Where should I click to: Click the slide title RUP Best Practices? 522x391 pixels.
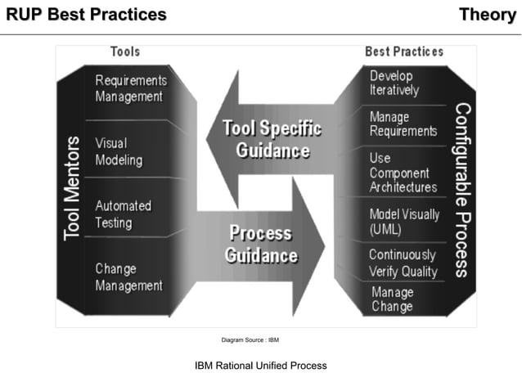click(86, 15)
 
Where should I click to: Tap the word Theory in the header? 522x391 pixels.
click(487, 15)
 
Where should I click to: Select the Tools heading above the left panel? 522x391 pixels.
click(125, 52)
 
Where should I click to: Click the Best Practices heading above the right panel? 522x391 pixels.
click(404, 52)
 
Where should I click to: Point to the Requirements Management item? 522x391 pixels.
click(131, 88)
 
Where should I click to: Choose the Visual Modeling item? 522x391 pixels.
click(119, 151)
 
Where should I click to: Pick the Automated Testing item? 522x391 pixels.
click(124, 214)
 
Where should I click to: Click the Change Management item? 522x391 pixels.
click(128, 277)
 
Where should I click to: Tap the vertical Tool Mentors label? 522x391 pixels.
click(73, 188)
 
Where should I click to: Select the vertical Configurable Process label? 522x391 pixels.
click(462, 190)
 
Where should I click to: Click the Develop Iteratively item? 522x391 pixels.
click(394, 83)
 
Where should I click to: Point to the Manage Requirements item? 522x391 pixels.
click(403, 124)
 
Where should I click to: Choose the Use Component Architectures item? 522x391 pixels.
click(403, 173)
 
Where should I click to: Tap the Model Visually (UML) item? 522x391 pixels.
click(404, 222)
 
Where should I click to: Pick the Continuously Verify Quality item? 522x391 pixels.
click(403, 263)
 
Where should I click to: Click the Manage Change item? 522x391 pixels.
click(393, 299)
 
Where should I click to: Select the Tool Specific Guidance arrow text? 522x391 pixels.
click(272, 140)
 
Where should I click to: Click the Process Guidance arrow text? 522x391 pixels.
click(261, 244)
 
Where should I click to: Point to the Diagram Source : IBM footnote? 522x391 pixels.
click(250, 339)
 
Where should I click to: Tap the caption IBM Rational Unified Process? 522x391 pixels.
click(260, 366)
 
